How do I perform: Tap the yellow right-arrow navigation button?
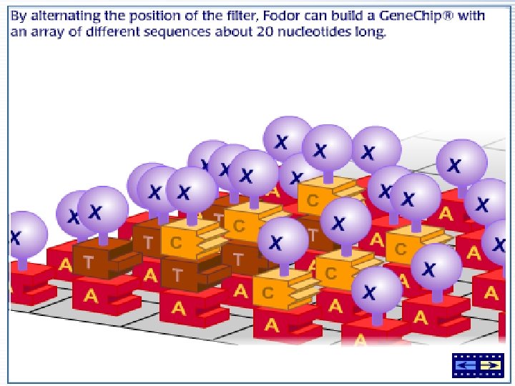(x=489, y=365)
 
